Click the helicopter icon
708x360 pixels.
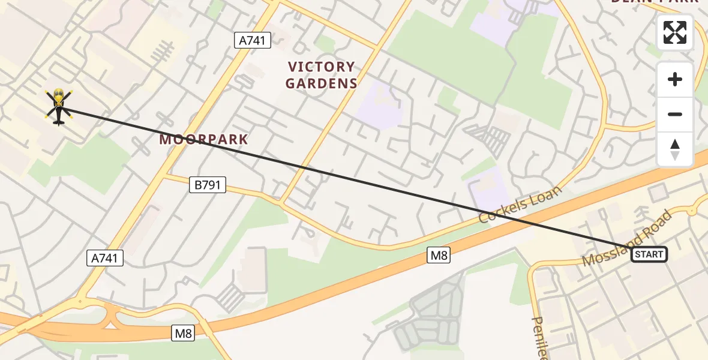[x=58, y=107]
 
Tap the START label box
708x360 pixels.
[x=649, y=254]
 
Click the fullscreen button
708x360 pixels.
[x=675, y=32]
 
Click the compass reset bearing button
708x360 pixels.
[x=675, y=149]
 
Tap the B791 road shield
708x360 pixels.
[x=208, y=185]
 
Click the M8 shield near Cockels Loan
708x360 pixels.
[x=439, y=255]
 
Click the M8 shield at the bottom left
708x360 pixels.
[x=183, y=333]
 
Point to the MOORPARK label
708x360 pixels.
[x=203, y=140]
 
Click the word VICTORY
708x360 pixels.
[x=322, y=67]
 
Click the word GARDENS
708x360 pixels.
[x=322, y=83]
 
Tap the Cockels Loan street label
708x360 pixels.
[x=521, y=205]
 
